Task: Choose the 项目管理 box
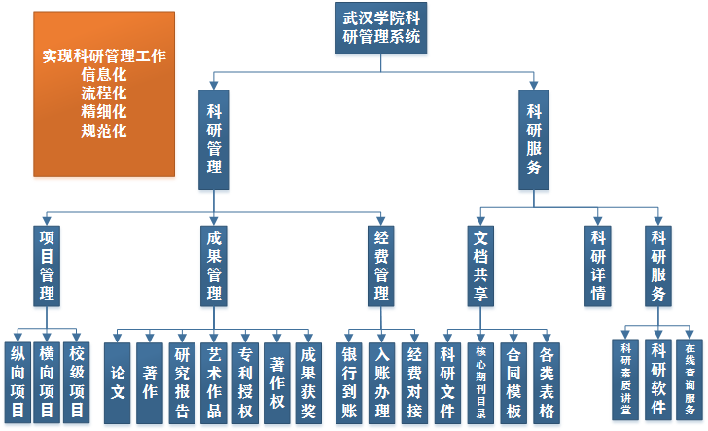[46, 264]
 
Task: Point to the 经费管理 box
[382, 264]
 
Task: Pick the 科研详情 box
[599, 264]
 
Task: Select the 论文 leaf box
[118, 382]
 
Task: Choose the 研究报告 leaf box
[182, 382]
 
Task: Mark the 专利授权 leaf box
[245, 382]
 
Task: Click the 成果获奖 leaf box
[307, 382]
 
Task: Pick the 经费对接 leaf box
[414, 382]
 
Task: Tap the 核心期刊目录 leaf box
[479, 382]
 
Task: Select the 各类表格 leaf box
[546, 382]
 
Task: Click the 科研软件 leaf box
[658, 378]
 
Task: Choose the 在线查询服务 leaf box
[690, 378]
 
